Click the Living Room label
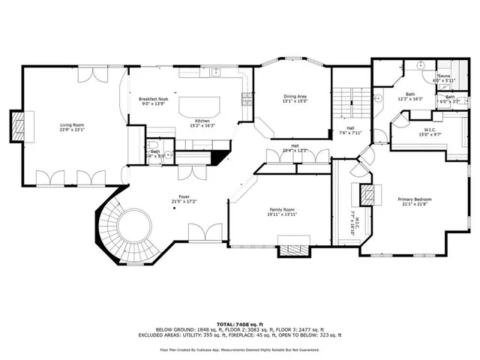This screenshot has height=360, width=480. [72, 124]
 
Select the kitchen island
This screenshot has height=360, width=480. [199, 104]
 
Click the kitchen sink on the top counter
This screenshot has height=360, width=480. [215, 73]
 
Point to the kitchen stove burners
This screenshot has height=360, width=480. [245, 97]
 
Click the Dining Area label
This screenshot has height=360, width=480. [295, 95]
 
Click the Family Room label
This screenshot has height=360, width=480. [282, 209]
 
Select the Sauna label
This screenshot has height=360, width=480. [444, 76]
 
